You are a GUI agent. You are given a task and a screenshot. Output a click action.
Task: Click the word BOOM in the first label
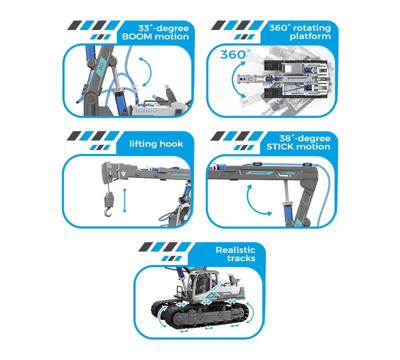pos(135,36)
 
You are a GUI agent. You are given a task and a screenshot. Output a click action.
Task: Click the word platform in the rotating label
pos(314,36)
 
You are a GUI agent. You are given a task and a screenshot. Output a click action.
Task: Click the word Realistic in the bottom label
pos(235,250)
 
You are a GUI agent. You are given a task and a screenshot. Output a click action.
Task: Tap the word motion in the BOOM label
pos(171,36)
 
